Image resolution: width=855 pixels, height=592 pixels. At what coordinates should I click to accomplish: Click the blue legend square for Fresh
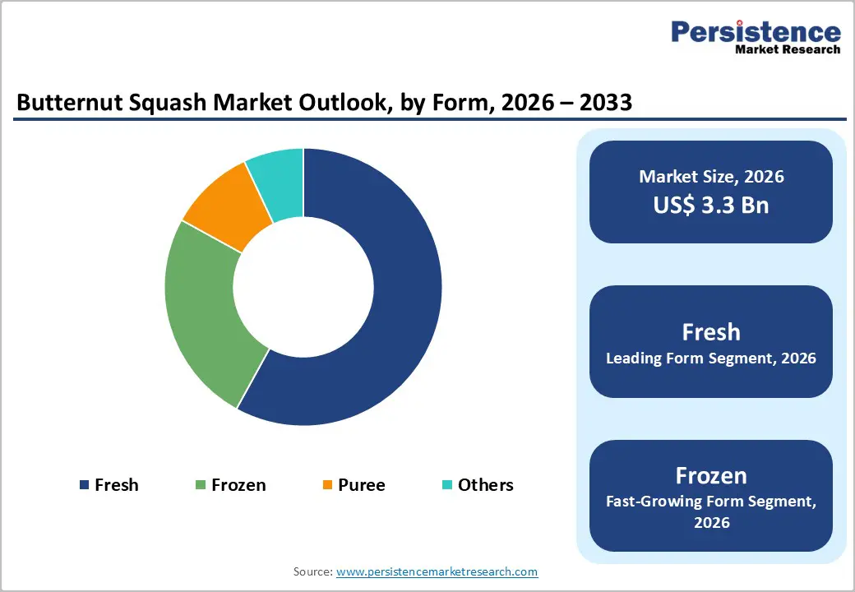click(84, 485)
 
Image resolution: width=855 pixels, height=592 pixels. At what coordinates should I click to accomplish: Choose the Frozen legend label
click(238, 485)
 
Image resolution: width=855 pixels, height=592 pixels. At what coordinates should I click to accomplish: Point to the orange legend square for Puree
click(327, 485)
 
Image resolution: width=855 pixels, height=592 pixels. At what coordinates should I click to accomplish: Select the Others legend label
click(485, 485)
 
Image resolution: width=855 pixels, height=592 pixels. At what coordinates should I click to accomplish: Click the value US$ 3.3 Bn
click(711, 205)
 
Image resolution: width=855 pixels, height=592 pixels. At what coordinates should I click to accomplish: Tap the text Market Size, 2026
click(711, 177)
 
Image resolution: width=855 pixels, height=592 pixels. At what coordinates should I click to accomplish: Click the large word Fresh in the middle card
click(711, 332)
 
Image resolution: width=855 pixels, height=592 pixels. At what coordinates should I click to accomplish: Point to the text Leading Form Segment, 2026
click(711, 358)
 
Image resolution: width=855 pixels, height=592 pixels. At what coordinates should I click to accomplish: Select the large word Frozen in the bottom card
click(711, 475)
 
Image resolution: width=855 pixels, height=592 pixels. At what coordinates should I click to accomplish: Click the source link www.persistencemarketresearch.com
click(437, 571)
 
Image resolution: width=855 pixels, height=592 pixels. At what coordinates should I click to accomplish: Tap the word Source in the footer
click(312, 571)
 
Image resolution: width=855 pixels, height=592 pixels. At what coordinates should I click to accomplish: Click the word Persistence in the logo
click(756, 32)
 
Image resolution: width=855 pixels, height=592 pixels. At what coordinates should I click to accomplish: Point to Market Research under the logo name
click(788, 49)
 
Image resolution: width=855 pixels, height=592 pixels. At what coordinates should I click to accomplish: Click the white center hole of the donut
click(303, 287)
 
